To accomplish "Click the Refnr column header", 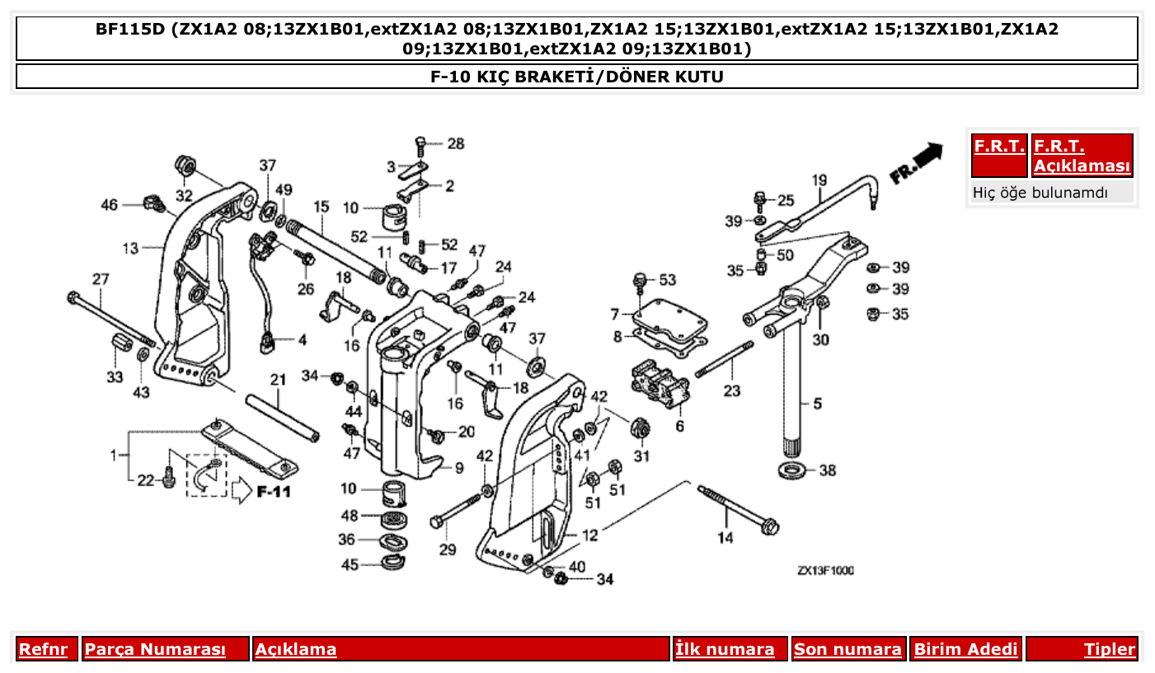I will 43,649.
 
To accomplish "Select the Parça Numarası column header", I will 155,649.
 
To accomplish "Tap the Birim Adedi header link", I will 965,649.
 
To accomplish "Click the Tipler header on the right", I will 1109,649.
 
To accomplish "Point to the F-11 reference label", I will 273,493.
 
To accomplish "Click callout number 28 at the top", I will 455,144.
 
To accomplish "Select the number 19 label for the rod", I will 818,180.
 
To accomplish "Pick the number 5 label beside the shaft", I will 817,404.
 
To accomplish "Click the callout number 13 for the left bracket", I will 131,247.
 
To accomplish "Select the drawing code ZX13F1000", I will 825,571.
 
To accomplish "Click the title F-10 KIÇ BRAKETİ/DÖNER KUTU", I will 577,77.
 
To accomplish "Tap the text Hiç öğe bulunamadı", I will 1040,193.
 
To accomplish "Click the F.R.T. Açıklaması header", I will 1082,156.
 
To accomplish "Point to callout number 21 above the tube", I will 278,380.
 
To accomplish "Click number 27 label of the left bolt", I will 100,279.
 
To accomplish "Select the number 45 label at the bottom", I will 350,565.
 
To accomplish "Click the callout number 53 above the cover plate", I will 666,281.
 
